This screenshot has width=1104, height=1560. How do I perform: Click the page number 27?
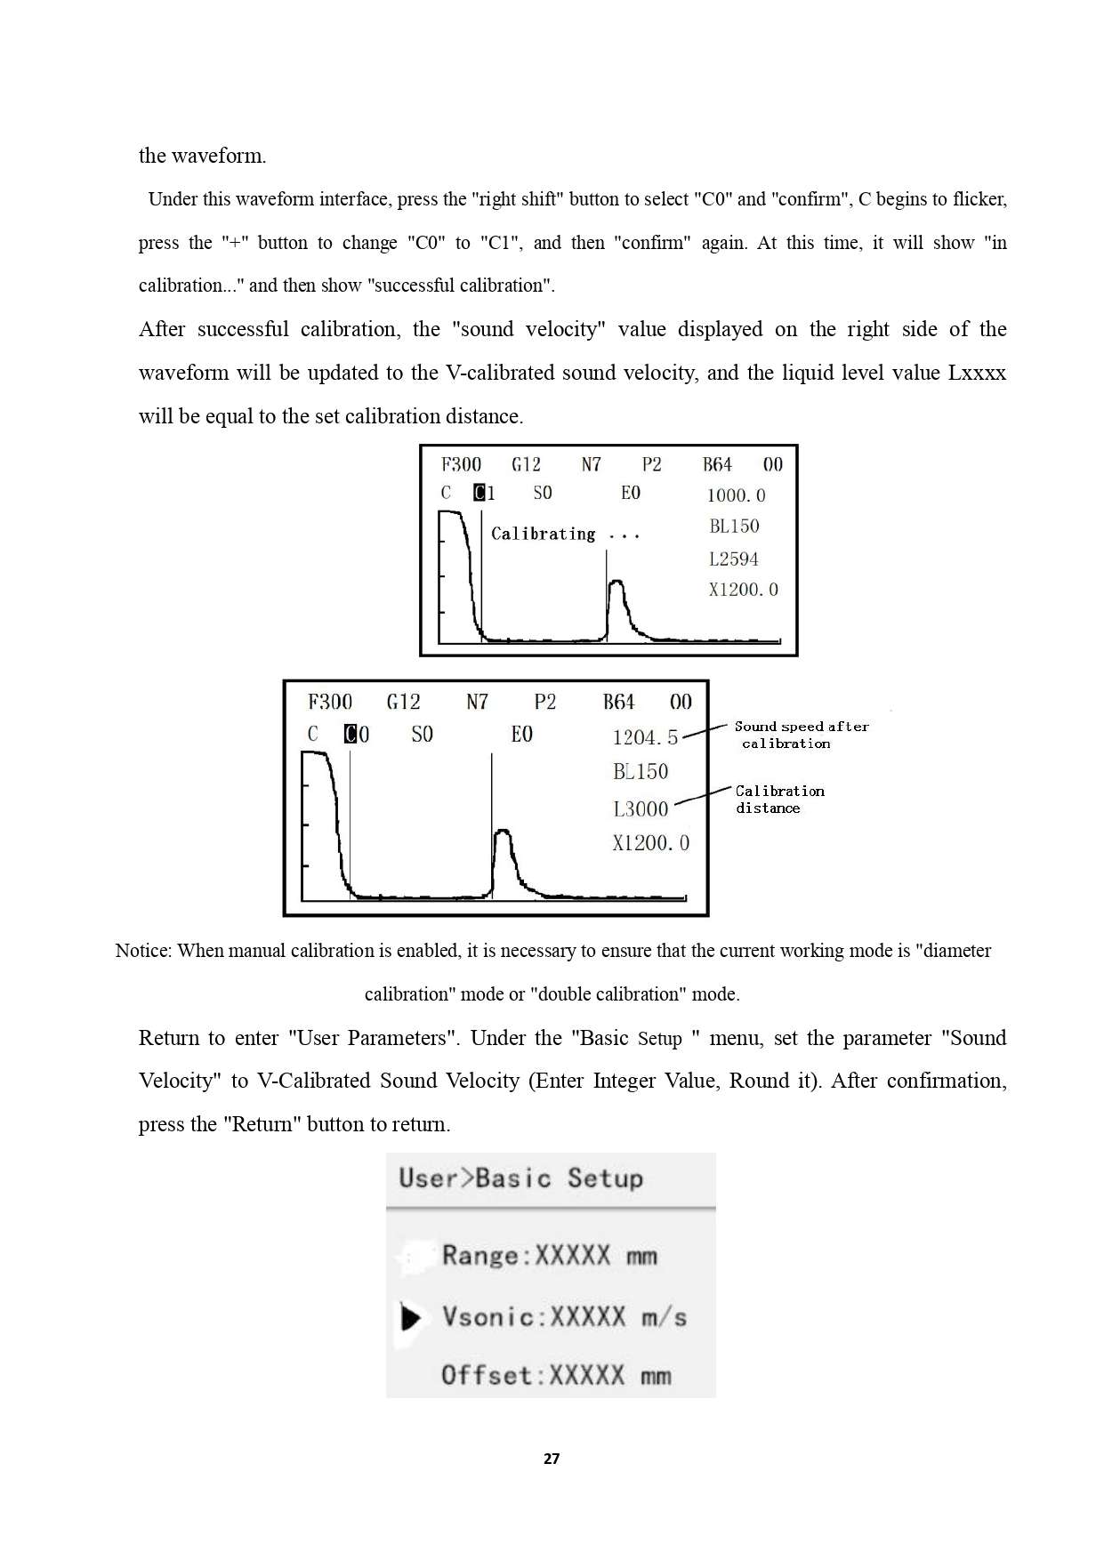coord(552,1459)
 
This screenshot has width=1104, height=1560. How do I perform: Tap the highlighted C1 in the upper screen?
coord(485,493)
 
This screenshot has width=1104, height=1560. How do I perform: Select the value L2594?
coord(734,559)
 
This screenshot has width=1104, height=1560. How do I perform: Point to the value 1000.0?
coord(736,495)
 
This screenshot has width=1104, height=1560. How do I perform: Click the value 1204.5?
coord(645,737)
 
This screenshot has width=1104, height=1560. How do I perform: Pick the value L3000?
coord(641,808)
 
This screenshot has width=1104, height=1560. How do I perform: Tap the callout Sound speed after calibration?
coord(801,735)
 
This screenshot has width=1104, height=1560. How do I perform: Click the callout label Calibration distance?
coord(779,799)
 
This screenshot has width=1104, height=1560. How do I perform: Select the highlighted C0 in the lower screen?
coord(357,735)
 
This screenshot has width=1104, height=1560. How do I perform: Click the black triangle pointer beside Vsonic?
coord(410,1317)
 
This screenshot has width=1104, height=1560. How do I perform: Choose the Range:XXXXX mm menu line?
coord(549,1256)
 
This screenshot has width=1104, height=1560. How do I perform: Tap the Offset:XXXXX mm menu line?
coord(556,1376)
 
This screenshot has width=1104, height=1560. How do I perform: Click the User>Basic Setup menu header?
coord(520,1178)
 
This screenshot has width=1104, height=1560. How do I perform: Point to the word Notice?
coord(142,951)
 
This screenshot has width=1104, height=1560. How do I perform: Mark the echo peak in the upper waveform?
coord(616,583)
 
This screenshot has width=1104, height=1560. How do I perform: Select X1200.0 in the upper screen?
coord(743,590)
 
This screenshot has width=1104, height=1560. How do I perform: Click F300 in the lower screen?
coord(330,703)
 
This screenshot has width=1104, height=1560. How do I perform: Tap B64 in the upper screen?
coord(717,464)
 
